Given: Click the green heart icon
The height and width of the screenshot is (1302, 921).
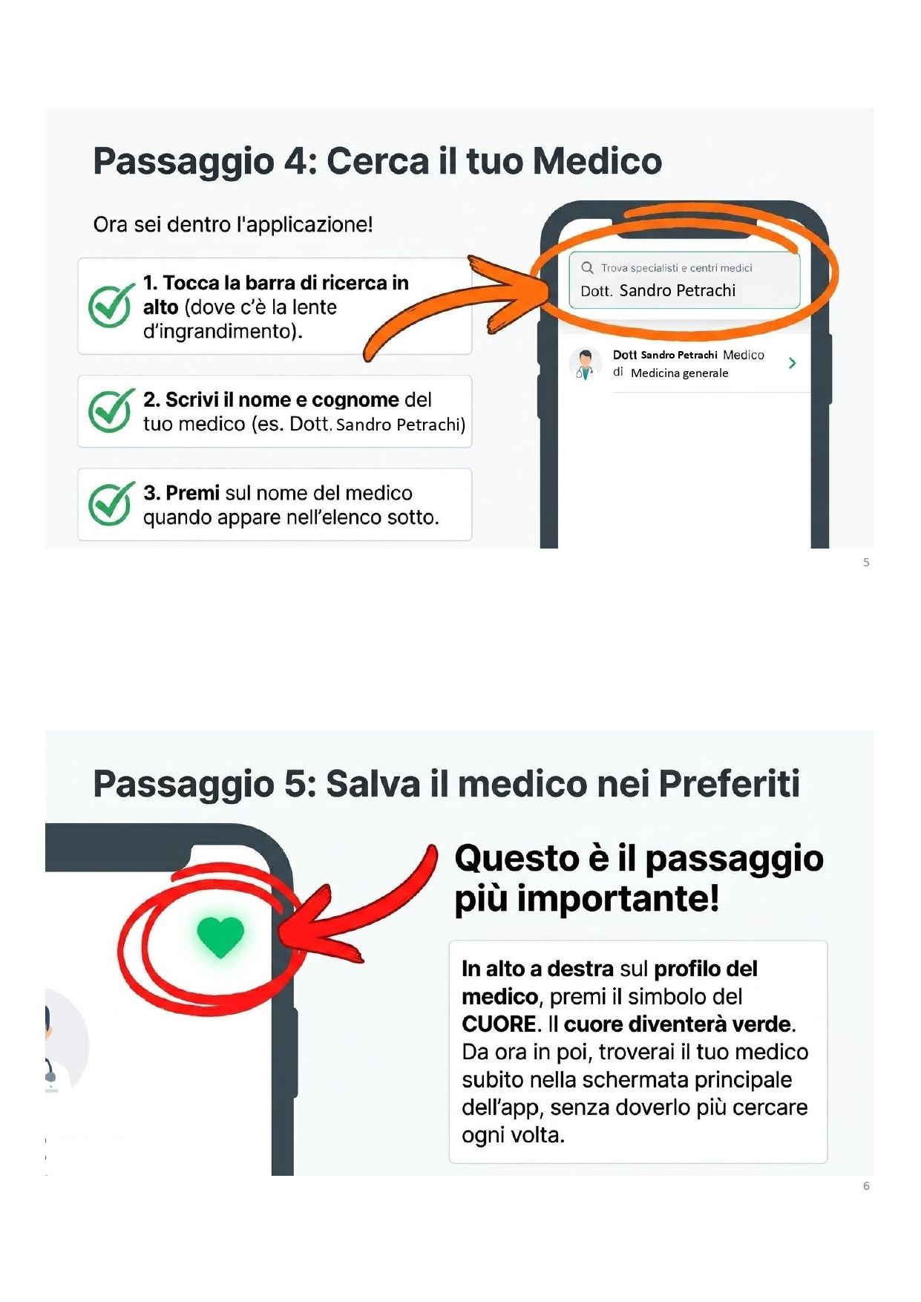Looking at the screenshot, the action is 220,936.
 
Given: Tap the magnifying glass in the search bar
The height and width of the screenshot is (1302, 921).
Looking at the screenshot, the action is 587,267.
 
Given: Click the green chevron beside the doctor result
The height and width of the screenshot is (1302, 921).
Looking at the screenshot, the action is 793,363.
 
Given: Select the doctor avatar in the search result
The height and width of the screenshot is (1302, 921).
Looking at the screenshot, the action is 586,364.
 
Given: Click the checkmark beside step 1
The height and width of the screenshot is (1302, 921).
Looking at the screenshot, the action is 111,304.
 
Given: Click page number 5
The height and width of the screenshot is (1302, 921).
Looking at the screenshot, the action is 866,563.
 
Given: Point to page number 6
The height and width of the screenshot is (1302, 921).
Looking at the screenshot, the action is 866,1186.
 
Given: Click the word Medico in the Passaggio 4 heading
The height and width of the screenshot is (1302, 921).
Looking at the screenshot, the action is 597,161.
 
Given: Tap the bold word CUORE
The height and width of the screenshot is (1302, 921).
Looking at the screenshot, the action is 499,1024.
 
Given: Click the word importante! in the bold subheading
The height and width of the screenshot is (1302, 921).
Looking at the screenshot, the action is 618,898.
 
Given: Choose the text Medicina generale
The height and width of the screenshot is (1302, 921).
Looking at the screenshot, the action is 680,373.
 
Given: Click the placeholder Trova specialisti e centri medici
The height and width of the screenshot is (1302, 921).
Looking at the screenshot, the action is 677,268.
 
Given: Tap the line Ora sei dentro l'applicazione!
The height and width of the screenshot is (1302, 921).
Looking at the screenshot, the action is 233,224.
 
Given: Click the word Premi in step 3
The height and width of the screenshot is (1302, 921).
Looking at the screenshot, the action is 193,493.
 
